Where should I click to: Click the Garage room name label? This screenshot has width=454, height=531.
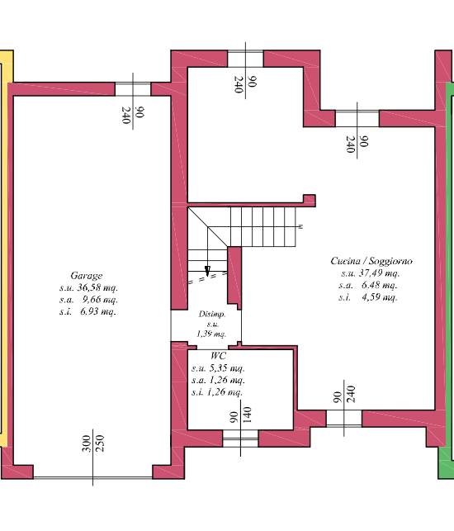[x=87, y=276]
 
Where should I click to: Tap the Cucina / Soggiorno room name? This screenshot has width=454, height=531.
[x=371, y=261]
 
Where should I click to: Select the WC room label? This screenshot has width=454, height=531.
[x=218, y=356]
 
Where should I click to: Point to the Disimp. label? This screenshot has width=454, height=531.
[x=212, y=315]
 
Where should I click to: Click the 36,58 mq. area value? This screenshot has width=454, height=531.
[x=97, y=288]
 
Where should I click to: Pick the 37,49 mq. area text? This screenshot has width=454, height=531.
[x=379, y=273]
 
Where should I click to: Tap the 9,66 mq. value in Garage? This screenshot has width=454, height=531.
[x=100, y=300]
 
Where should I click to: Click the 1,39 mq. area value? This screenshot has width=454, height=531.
[x=211, y=334]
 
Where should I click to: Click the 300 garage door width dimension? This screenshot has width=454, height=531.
[x=87, y=443]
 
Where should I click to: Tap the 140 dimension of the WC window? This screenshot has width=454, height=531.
[x=247, y=415]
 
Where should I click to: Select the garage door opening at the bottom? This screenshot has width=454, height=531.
[x=92, y=477]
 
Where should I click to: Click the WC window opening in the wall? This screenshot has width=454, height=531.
[x=240, y=439]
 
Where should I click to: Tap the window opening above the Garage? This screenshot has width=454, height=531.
[x=133, y=89]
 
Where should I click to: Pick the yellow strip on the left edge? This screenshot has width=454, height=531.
[x=5, y=249]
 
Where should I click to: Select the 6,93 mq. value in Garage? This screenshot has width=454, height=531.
[x=98, y=311]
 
